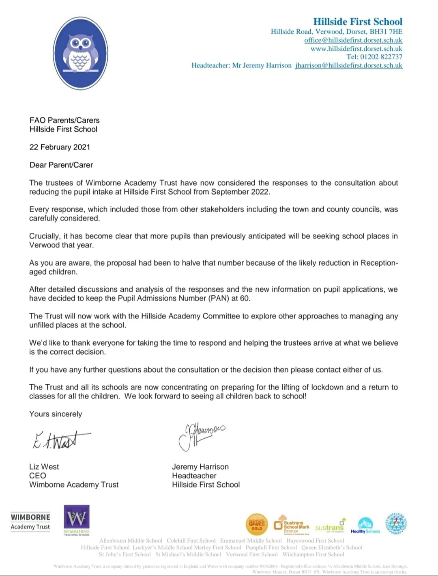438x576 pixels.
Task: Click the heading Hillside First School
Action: [x=358, y=22]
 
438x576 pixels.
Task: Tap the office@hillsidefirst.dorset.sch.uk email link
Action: [x=353, y=40]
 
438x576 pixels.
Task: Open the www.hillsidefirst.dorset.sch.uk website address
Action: [x=356, y=49]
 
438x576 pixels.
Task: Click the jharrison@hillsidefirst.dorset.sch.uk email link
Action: [x=349, y=65]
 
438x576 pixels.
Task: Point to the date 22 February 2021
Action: [x=60, y=147]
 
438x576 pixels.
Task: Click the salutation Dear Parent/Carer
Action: [x=61, y=165]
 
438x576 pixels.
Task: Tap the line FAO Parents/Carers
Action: [x=64, y=120]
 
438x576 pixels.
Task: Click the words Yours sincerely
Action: [x=56, y=414]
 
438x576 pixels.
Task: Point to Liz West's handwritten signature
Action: [x=61, y=440]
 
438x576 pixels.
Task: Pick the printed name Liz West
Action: [x=44, y=467]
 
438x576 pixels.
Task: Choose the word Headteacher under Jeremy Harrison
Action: [x=194, y=476]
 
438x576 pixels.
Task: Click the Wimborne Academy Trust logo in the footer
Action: [x=30, y=522]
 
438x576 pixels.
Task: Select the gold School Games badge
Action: [x=257, y=524]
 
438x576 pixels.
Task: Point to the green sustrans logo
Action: [x=330, y=527]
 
